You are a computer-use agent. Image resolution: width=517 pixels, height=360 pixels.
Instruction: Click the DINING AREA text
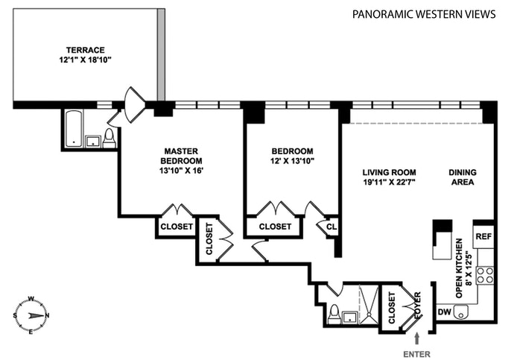(462, 177)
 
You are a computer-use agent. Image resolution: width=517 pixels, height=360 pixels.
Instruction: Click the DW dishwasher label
(444, 312)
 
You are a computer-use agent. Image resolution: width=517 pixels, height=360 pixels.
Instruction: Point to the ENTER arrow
(416, 339)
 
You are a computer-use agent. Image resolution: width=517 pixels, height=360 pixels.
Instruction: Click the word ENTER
(416, 353)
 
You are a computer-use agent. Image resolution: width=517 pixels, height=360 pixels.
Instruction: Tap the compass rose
(31, 315)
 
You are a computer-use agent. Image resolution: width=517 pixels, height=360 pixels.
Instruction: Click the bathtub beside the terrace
(74, 129)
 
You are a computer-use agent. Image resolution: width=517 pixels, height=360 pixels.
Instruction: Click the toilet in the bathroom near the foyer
(334, 313)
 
